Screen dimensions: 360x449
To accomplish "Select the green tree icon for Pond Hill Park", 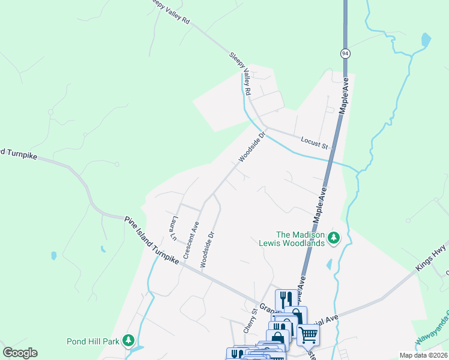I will pyautogui.click(x=128, y=341).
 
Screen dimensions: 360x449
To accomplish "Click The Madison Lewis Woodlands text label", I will pyautogui.click(x=300, y=239).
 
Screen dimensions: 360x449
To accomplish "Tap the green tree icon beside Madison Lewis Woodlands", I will pyautogui.click(x=334, y=239).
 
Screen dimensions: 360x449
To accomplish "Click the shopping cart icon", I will pyautogui.click(x=308, y=334).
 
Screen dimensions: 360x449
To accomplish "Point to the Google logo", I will pyautogui.click(x=20, y=353).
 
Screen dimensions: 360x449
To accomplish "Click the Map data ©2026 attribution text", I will pyautogui.click(x=423, y=355).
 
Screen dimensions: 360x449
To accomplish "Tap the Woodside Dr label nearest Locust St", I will pyautogui.click(x=252, y=147).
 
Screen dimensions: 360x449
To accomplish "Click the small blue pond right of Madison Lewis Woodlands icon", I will pyautogui.click(x=330, y=264).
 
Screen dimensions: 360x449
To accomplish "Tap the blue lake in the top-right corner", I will pyautogui.click(x=426, y=40).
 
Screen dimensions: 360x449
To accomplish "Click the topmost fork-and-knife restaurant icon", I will pyautogui.click(x=285, y=299).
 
